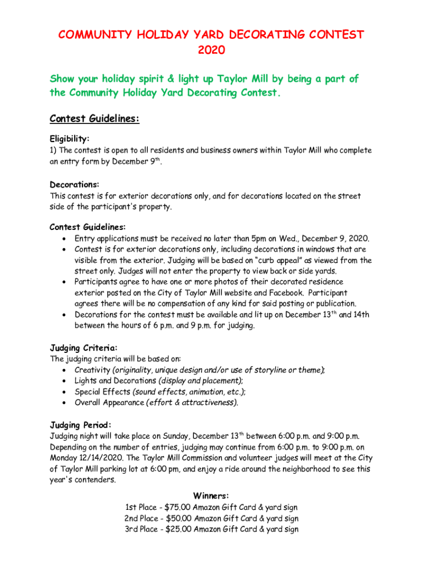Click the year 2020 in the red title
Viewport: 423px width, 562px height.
pos(211,50)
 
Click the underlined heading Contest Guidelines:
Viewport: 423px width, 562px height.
pos(94,119)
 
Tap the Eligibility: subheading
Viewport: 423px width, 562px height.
pos(70,139)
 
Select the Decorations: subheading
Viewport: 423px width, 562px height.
pos(75,184)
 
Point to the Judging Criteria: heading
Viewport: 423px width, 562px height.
pos(84,348)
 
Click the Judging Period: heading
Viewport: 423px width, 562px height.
pos(81,425)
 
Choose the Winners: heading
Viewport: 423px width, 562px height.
pos(211,496)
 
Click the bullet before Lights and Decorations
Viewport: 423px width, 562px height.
pos(65,381)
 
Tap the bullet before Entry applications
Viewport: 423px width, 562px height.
pos(65,239)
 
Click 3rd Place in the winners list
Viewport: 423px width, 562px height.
pos(140,530)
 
